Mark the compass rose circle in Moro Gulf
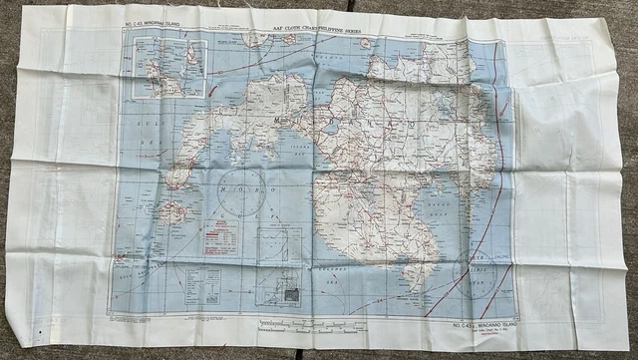tap(240, 190)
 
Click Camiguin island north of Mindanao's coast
tap(366, 44)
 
